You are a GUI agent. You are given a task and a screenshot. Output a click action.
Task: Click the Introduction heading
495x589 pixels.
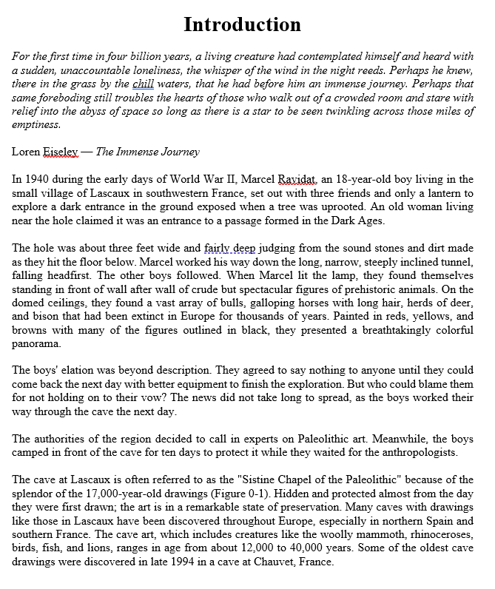pos(242,24)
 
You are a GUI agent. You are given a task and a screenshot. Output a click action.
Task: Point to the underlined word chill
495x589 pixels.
pos(143,84)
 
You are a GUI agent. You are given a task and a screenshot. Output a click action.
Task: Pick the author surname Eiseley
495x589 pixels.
pos(61,152)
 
